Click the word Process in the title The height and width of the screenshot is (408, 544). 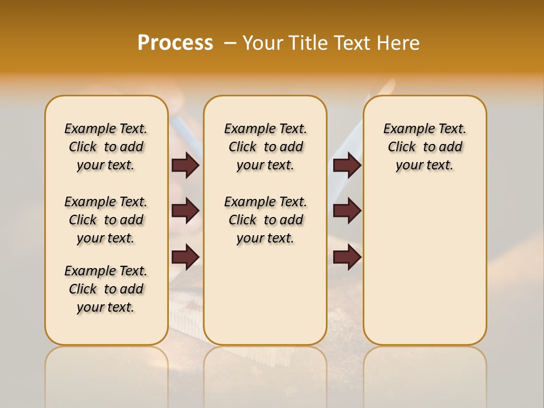click(175, 43)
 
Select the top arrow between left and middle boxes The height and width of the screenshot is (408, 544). click(185, 165)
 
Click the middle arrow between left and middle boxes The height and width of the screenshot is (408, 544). click(185, 211)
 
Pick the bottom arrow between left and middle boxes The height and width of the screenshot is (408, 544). click(185, 257)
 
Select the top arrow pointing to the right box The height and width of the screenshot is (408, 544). click(347, 165)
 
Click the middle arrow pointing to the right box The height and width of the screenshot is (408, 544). click(347, 211)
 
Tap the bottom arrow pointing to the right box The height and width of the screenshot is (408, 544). click(347, 257)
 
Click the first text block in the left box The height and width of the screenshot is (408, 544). click(106, 147)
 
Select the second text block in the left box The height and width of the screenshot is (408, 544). click(106, 220)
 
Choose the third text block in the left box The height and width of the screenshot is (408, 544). click(106, 289)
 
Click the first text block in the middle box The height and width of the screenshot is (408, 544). click(265, 147)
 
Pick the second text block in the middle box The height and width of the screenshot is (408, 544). click(265, 220)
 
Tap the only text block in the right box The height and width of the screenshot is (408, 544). click(424, 147)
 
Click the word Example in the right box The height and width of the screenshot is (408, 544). click(404, 129)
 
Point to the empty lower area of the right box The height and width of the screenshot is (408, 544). click(424, 272)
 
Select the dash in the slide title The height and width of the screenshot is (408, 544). click(230, 43)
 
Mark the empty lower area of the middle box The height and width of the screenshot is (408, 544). click(265, 295)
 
